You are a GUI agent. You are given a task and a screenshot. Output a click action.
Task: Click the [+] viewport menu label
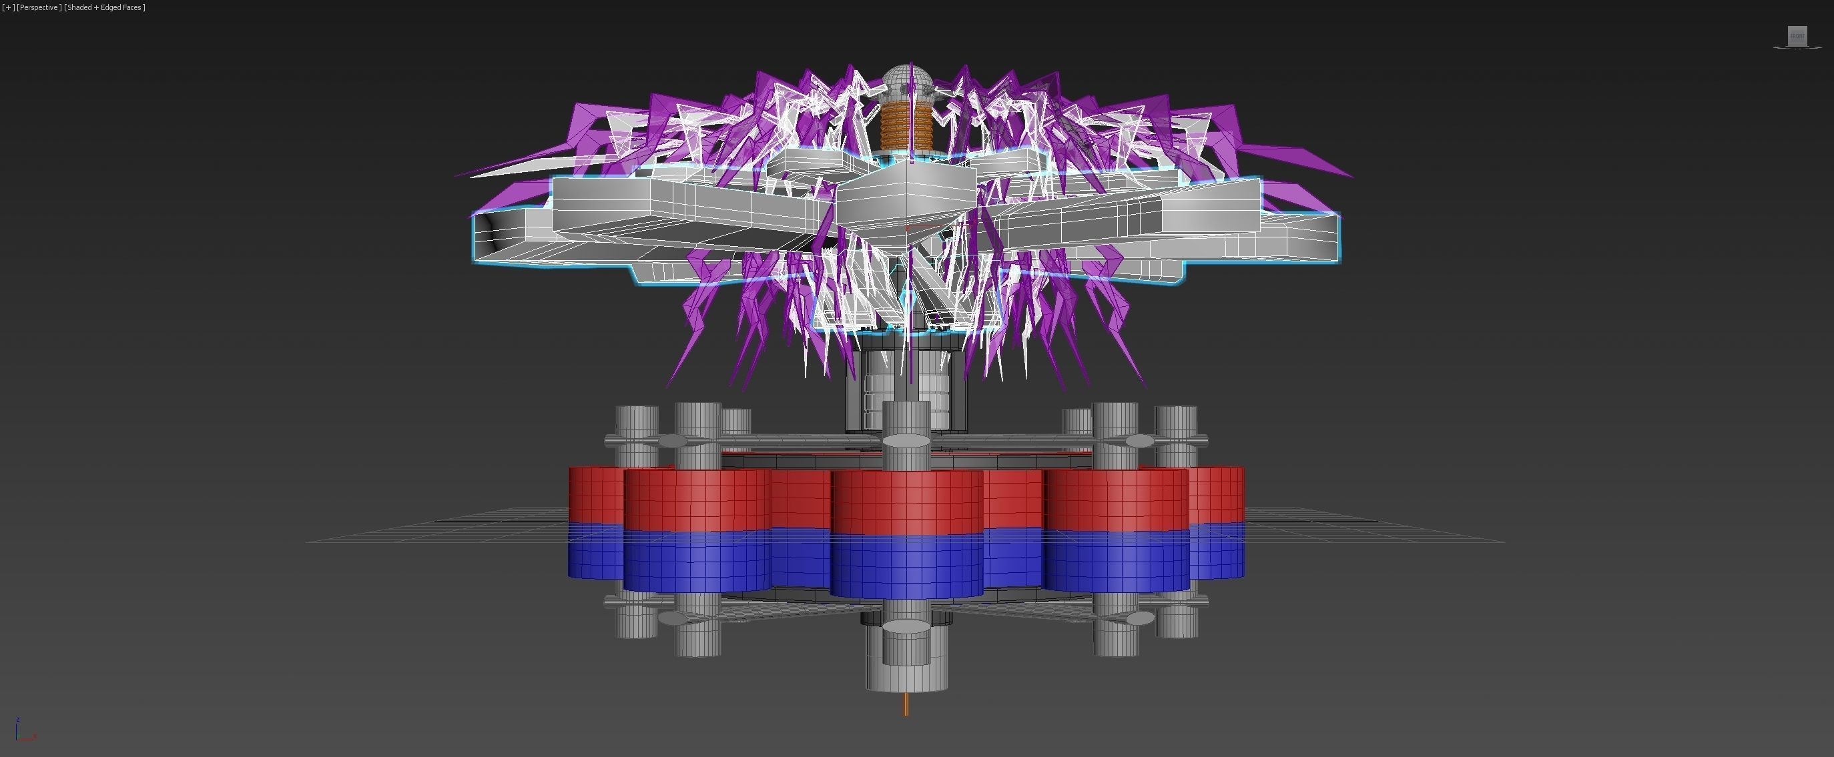click(x=9, y=7)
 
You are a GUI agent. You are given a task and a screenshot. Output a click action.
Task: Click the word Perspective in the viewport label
click(x=39, y=7)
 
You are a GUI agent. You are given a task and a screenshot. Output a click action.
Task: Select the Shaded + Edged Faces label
click(x=104, y=7)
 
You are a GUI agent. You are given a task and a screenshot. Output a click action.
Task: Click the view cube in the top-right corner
click(x=1797, y=36)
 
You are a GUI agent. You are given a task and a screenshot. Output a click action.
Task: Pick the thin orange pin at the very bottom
click(x=906, y=704)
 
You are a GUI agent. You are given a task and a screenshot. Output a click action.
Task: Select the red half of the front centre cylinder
click(x=906, y=502)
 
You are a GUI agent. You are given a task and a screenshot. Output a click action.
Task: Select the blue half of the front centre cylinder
click(x=906, y=566)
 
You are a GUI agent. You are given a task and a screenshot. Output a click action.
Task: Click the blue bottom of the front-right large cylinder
click(x=1117, y=562)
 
